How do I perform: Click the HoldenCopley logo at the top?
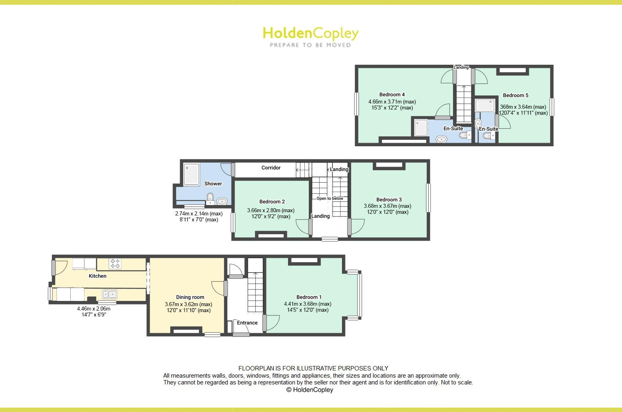[x=310, y=34]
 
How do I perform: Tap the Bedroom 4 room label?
[x=392, y=95]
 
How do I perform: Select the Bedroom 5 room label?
[x=515, y=96]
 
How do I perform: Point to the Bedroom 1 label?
[x=309, y=297]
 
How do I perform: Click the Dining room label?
[x=190, y=297]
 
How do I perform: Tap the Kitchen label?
[x=97, y=276]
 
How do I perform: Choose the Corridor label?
[x=271, y=168]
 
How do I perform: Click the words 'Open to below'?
[x=330, y=199]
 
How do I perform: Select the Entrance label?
[x=247, y=323]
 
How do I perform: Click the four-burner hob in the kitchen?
[x=115, y=264]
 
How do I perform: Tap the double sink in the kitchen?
[x=109, y=294]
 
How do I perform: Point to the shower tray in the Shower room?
[x=192, y=175]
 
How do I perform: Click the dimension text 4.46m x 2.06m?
[x=93, y=309]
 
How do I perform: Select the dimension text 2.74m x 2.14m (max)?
[x=199, y=214]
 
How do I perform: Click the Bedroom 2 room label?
[x=272, y=202]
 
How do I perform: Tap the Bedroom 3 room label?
[x=389, y=200]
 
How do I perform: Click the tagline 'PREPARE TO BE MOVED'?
[x=310, y=45]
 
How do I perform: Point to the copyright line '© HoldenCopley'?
[x=310, y=390]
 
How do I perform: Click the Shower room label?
[x=213, y=184]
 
